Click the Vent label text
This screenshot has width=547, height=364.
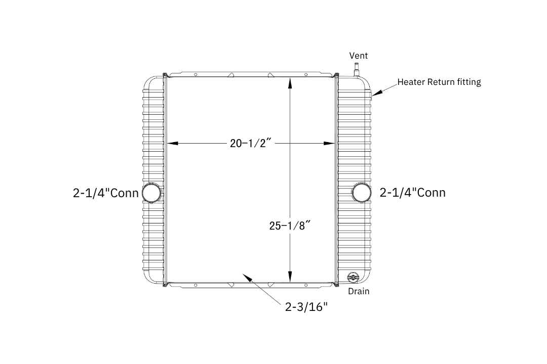358,56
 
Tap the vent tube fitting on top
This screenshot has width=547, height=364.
357,70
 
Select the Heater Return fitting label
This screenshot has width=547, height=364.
439,82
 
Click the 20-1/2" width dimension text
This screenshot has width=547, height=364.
251,143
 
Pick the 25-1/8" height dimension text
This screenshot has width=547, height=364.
290,225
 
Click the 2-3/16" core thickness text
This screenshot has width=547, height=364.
306,307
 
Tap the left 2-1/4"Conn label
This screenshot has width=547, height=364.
106,193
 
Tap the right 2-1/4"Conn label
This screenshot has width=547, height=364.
413,193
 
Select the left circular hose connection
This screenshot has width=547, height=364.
152,193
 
